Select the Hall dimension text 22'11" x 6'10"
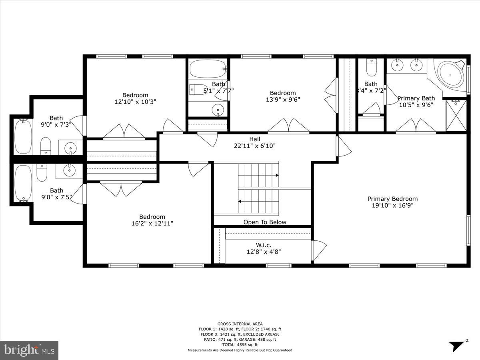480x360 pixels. pyautogui.click(x=255, y=146)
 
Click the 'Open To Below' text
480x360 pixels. pyautogui.click(x=265, y=222)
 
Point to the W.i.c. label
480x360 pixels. pyautogui.click(x=264, y=245)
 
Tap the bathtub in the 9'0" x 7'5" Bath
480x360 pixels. pyautogui.click(x=22, y=184)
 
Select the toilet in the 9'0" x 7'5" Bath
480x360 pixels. pyautogui.click(x=42, y=172)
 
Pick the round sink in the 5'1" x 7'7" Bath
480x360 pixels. pyautogui.click(x=218, y=108)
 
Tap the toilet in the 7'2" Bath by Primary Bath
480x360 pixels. pyautogui.click(x=372, y=68)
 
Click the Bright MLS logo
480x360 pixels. pyautogui.click(x=29, y=350)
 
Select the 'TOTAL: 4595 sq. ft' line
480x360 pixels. pyautogui.click(x=240, y=344)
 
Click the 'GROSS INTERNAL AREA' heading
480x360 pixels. pyautogui.click(x=240, y=324)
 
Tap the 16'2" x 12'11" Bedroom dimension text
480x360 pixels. pyautogui.click(x=152, y=224)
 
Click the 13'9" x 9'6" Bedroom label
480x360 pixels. pyautogui.click(x=283, y=93)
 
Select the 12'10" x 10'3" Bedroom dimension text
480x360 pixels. pyautogui.click(x=135, y=102)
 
